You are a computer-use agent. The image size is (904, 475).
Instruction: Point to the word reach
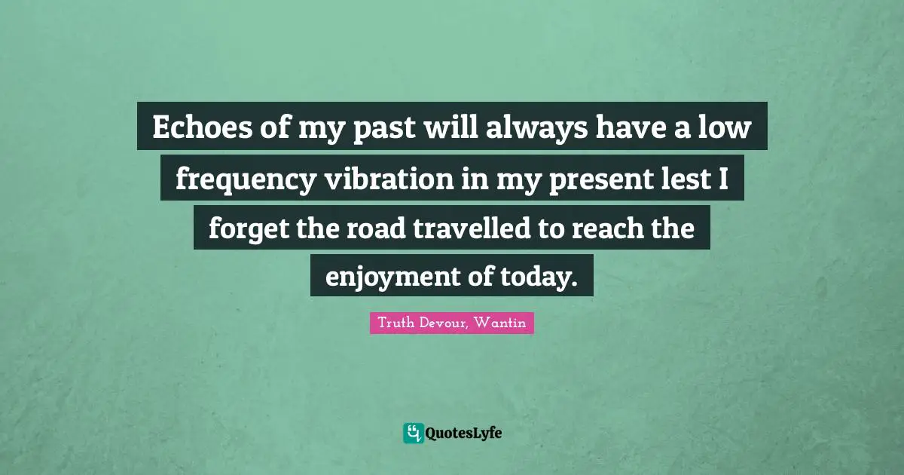click(x=607, y=228)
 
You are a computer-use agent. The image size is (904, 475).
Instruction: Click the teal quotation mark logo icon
click(x=413, y=433)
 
